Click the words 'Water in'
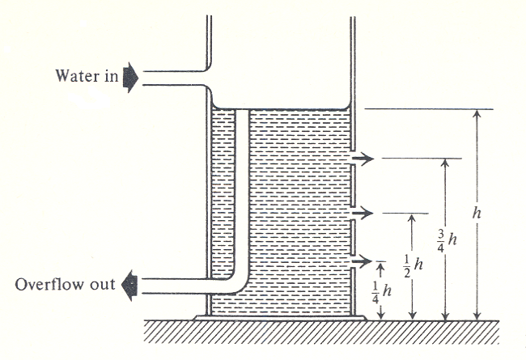click(86, 77)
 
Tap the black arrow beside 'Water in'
click(130, 77)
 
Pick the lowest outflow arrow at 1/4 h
click(359, 262)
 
